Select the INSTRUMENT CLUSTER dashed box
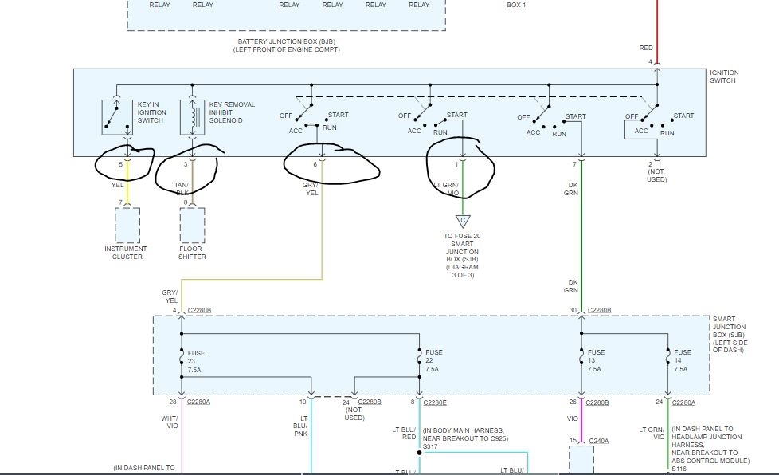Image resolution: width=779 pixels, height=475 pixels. pos(127,225)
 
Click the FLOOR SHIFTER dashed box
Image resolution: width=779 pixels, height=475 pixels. pos(192,225)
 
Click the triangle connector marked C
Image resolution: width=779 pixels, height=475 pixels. pos(462,222)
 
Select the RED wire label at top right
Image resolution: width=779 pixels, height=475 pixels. pos(646,49)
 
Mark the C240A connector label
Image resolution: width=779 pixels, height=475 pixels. pos(598,440)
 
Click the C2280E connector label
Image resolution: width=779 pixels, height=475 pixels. pos(436,402)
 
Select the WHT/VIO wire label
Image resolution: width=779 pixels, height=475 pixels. pos(171,422)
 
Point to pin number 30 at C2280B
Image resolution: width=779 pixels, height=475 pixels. pos(573,310)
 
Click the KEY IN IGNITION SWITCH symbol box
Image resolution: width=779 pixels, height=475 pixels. pos(117,116)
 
